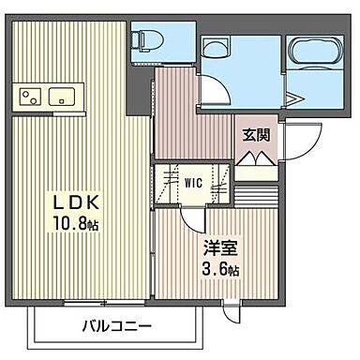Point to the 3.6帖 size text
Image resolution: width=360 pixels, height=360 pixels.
tap(221, 270)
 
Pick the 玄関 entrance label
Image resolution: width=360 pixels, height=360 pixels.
tap(257, 136)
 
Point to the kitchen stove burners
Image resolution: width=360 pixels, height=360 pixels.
tap(29, 97)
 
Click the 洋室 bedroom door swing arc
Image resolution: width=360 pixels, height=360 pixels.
tap(191, 221)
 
